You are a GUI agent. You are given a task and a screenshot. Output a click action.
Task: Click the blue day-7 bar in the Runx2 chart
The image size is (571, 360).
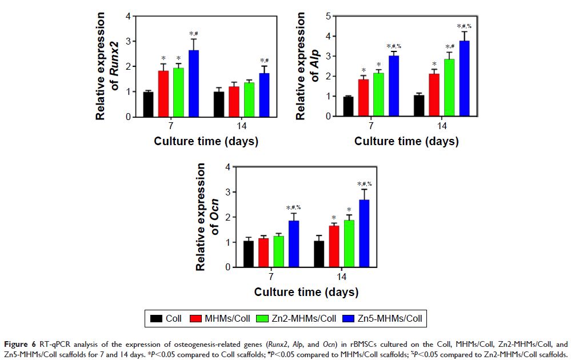[x=194, y=84]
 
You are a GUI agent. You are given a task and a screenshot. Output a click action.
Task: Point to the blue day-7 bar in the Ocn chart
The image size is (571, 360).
[x=293, y=244]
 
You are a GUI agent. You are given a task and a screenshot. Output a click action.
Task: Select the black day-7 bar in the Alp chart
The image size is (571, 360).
[x=348, y=106]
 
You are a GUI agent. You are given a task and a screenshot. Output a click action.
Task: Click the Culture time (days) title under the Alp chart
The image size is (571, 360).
[x=406, y=141]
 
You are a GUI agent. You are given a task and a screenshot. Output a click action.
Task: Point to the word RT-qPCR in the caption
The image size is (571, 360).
[x=54, y=344]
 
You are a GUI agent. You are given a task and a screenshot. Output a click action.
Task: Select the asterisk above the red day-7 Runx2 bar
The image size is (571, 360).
[x=163, y=58]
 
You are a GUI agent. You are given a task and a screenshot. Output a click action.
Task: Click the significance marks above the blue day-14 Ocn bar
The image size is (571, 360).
[x=364, y=184]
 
